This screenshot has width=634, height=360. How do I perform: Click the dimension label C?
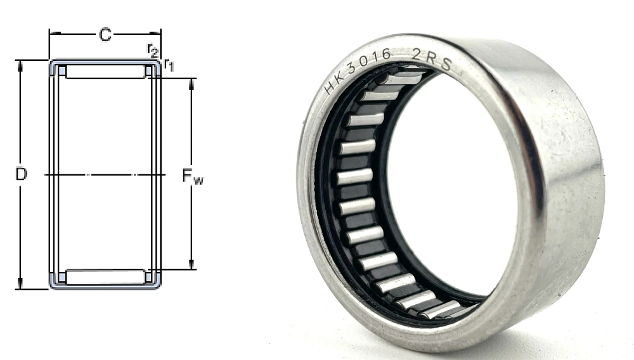(x=105, y=35)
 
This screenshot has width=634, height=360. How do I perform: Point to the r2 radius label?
(x=152, y=49)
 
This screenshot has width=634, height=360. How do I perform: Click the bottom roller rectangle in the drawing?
(x=105, y=277)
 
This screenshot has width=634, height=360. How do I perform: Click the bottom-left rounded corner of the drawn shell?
(x=52, y=286)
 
